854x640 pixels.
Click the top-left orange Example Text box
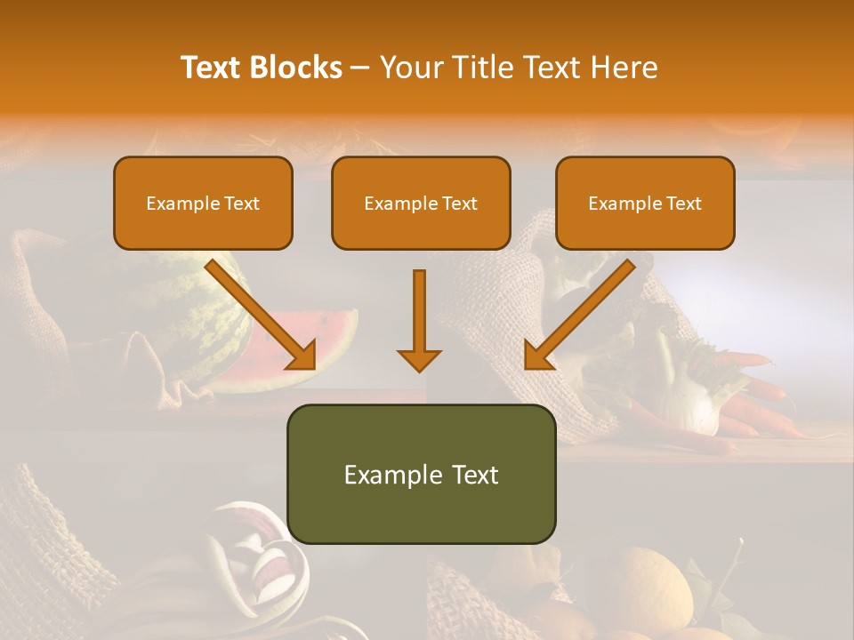pos(203,204)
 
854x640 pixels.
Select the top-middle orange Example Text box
pos(421,204)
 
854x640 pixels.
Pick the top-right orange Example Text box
pos(645,204)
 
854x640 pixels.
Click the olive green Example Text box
pos(421,474)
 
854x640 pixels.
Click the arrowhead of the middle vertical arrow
pos(419,359)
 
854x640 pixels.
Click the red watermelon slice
pos(294,351)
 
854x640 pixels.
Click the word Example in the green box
pos(389,475)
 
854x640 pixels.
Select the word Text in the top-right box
pos(683,204)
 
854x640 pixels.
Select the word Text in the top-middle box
pos(459,204)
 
